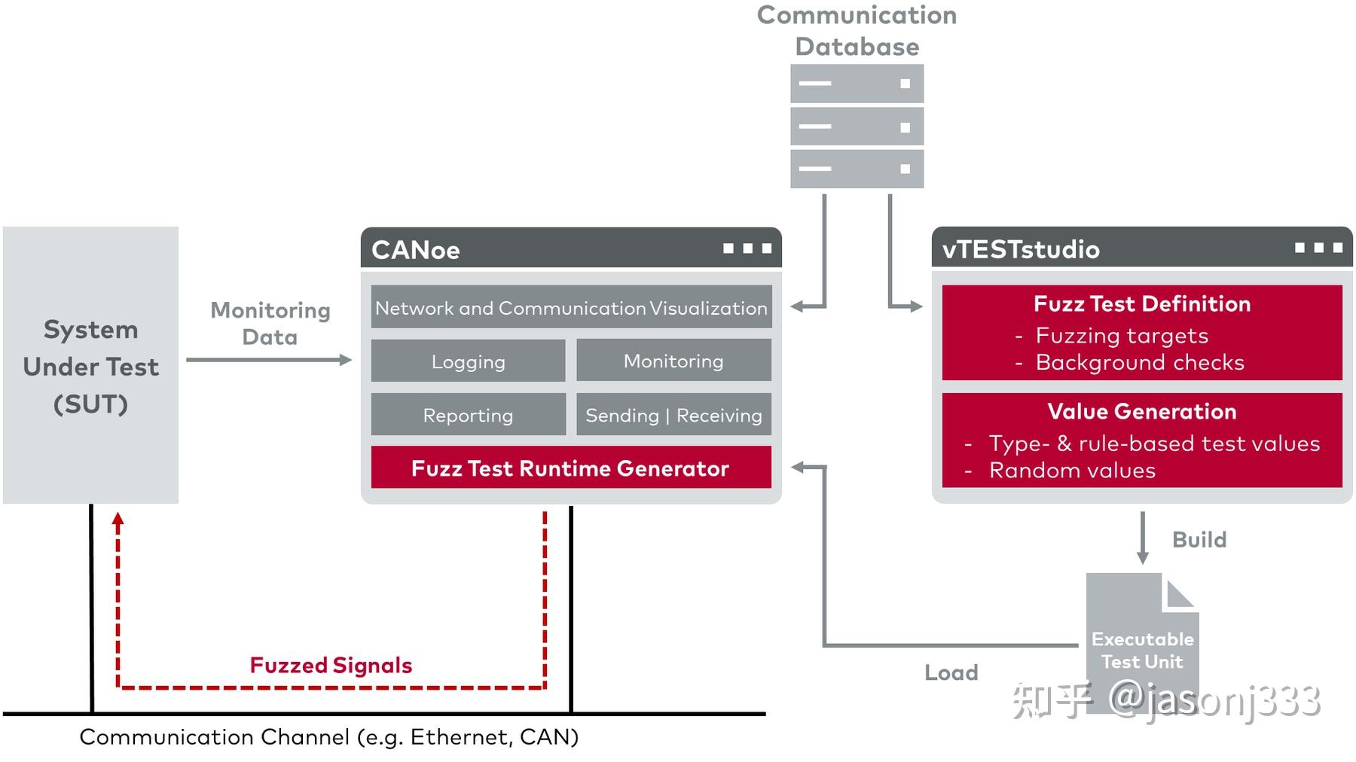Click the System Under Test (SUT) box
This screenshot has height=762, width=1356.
90,366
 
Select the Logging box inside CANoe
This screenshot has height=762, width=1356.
468,361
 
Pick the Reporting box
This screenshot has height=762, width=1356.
468,414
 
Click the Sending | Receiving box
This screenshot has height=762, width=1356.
673,414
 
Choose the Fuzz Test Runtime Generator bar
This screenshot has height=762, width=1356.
570,468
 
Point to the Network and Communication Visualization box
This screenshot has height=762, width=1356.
571,307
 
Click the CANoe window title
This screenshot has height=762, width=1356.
416,249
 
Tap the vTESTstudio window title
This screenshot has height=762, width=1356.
1021,249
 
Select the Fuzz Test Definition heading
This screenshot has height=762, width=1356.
1142,303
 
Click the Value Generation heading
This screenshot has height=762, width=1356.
1142,411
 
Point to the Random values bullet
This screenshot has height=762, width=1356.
1072,471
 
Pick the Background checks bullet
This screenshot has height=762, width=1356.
1139,362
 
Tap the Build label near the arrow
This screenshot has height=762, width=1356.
1199,539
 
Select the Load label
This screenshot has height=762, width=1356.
951,672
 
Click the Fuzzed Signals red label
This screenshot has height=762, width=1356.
331,665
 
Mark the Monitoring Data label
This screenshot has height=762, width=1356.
270,323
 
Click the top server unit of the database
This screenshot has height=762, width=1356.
857,84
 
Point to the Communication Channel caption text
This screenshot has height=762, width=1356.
329,736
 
